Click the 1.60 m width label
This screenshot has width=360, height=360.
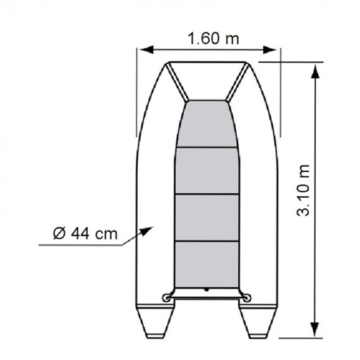tap(213, 38)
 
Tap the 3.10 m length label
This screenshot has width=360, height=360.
tap(303, 191)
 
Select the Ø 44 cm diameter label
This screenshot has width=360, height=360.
tap(85, 233)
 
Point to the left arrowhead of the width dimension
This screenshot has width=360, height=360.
tap(147, 49)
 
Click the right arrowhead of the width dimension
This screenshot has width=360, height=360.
tap(270, 50)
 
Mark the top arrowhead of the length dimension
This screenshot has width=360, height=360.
tap(315, 71)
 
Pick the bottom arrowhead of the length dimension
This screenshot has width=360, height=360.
tap(315, 329)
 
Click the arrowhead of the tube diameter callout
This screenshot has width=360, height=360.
tap(147, 231)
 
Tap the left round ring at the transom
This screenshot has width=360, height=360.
tap(165, 298)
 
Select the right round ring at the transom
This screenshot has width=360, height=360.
tap(247, 297)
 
